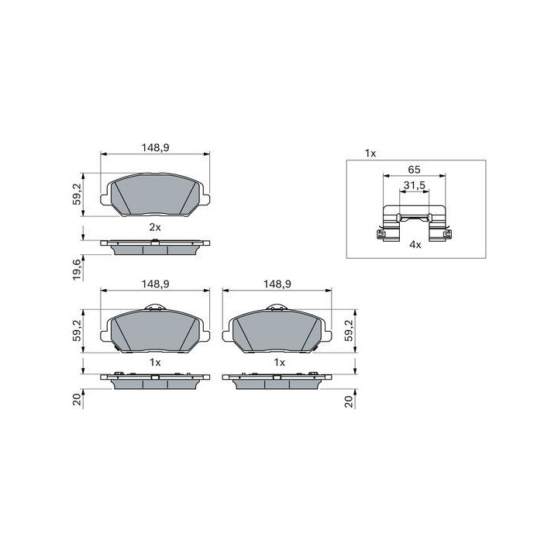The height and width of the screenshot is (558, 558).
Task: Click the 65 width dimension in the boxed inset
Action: click(x=414, y=170)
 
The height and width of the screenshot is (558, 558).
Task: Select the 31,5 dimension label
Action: click(x=414, y=185)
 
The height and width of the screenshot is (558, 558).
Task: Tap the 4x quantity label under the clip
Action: click(x=415, y=244)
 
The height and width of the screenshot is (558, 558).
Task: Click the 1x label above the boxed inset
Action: click(x=370, y=153)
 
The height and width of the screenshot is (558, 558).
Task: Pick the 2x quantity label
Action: click(x=155, y=227)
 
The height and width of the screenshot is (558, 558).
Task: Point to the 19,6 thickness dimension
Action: click(x=77, y=270)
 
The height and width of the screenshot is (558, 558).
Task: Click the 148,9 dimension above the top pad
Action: click(x=155, y=147)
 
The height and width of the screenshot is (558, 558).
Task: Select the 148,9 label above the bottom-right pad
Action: click(x=277, y=284)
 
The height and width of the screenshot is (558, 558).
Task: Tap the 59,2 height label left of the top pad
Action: click(x=77, y=195)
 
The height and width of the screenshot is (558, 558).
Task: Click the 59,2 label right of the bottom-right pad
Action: click(x=349, y=330)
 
